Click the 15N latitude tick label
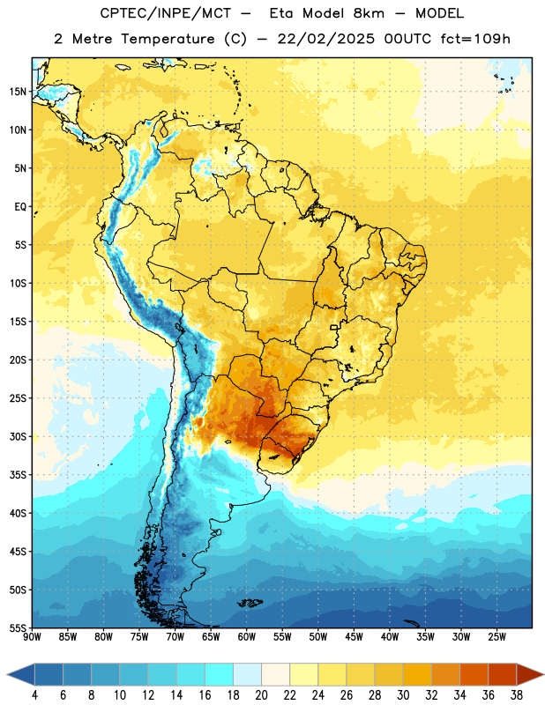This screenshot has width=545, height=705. pyautogui.click(x=18, y=92)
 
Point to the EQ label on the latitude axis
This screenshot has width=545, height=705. pyautogui.click(x=20, y=207)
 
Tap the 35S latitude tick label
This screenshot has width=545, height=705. pyautogui.click(x=18, y=475)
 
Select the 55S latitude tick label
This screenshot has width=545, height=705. pyautogui.click(x=18, y=627)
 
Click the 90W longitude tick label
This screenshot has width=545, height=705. pyautogui.click(x=33, y=637)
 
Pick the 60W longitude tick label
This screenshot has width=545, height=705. pyautogui.click(x=247, y=637)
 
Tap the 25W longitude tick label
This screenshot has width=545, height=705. pyautogui.click(x=496, y=637)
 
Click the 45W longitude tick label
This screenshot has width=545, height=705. pyautogui.click(x=354, y=637)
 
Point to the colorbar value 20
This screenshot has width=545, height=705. pyautogui.click(x=261, y=695)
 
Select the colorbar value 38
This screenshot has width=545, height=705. pyautogui.click(x=517, y=695)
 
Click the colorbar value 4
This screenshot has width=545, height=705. pyautogui.click(x=34, y=695)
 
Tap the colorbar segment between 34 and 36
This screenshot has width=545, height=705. pyautogui.click(x=474, y=674)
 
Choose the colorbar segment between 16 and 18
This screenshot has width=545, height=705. pyautogui.click(x=219, y=674)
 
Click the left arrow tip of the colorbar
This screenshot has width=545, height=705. pyautogui.click(x=7, y=674)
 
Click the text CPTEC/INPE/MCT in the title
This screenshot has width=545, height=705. pyautogui.click(x=165, y=13)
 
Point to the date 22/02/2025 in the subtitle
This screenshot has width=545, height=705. pyautogui.click(x=325, y=39)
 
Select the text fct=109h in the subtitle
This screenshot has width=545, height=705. pyautogui.click(x=475, y=39)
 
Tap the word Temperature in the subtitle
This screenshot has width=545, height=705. pyautogui.click(x=168, y=40)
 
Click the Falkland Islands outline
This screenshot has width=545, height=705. pyautogui.click(x=250, y=603)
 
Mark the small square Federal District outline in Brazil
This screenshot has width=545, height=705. pyautogui.click(x=334, y=327)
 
